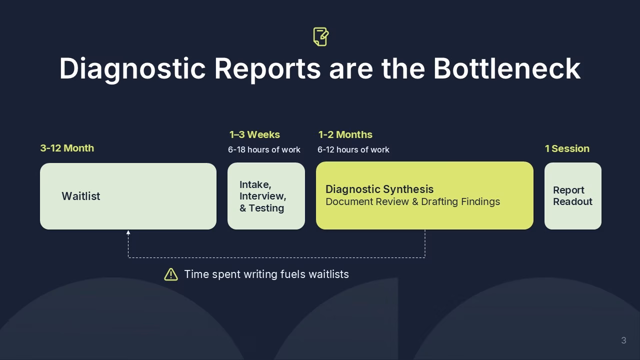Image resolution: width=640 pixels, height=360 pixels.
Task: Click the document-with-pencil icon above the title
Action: point(321,36)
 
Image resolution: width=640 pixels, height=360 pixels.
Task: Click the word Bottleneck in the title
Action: point(507,68)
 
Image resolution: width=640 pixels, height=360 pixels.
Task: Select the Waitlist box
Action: point(128,196)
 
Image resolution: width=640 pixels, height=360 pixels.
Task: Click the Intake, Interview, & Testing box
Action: point(266,196)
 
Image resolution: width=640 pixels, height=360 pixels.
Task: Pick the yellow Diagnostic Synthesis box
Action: point(424,195)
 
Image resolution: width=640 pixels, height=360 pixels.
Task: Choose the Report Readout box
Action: point(573,196)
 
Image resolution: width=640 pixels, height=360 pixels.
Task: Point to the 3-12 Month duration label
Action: point(67,148)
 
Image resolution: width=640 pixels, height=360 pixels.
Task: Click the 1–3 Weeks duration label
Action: point(254,134)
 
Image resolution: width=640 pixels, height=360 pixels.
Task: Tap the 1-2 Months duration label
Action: point(345,134)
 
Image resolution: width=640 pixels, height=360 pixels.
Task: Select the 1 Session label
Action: point(567,148)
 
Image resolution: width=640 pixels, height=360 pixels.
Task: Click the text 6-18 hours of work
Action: point(264,149)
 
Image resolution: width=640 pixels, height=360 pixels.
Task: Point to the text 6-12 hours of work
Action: point(353,149)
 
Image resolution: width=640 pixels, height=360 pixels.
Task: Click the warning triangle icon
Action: point(171,274)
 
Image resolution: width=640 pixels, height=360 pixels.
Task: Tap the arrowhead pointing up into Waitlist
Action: point(128,232)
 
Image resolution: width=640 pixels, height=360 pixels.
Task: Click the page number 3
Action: point(623,340)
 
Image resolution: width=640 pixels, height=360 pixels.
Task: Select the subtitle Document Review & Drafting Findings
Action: point(413,201)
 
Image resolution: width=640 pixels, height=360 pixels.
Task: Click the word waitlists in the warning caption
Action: point(329,274)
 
